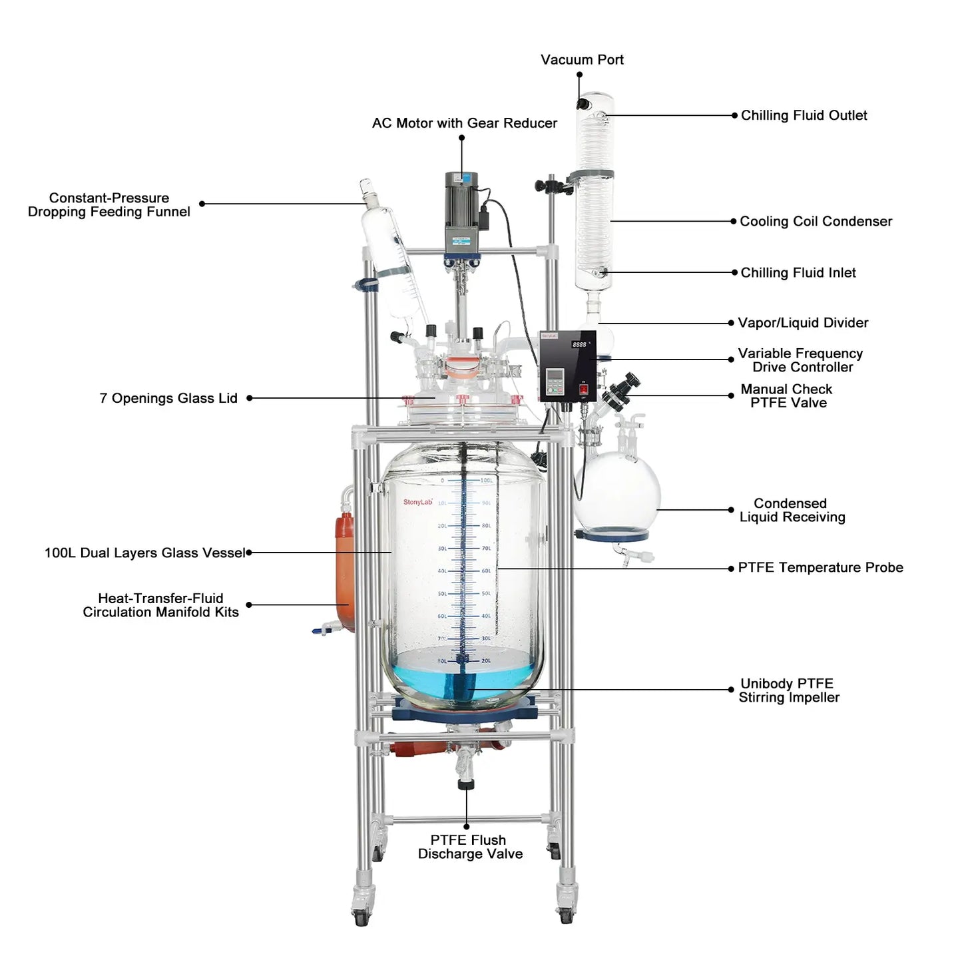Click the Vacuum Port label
point(582,60)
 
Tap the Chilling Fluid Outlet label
point(804,116)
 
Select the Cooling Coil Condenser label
point(816,222)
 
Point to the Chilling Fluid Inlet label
point(798,273)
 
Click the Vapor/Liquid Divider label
point(803,323)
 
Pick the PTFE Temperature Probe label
point(820,568)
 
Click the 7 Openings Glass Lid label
point(168,399)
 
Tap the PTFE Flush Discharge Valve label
point(469,847)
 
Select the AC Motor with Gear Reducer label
point(464,123)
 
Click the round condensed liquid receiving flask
point(618,493)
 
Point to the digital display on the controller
point(579,344)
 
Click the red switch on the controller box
point(584,389)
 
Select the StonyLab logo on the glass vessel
point(417,502)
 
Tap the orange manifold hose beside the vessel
point(344,573)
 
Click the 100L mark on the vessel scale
point(487,480)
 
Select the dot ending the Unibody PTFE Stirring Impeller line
point(731,690)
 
